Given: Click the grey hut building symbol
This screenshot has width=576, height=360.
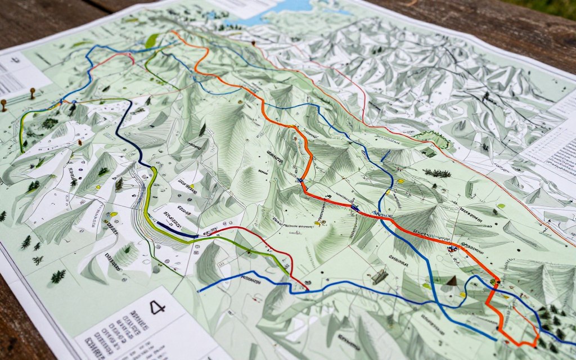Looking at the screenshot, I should pos(380,276).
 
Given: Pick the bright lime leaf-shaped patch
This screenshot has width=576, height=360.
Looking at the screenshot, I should pos(152,40).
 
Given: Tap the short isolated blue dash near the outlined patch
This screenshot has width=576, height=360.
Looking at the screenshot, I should pos(385,156).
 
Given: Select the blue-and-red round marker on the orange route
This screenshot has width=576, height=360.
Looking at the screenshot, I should pos(451,247).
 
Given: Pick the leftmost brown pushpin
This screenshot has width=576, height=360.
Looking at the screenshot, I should pos(4,104).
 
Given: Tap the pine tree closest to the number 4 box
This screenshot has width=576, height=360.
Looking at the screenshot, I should pos(57,276).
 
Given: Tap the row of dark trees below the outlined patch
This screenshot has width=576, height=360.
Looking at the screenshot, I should pos(437,173).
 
